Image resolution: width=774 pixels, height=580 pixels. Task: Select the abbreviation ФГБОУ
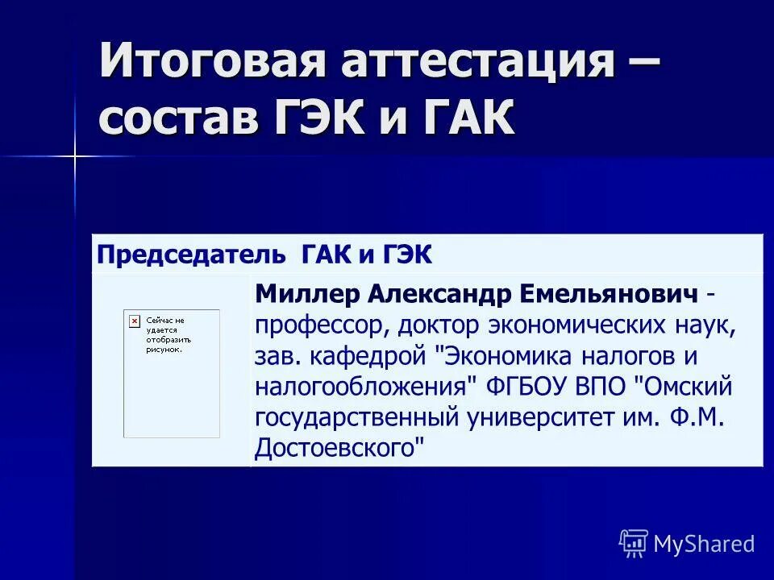(531, 386)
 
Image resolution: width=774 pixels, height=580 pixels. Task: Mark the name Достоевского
(339, 447)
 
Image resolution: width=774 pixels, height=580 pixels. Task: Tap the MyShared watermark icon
(634, 544)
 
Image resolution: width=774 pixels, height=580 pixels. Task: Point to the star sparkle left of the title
(74, 155)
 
